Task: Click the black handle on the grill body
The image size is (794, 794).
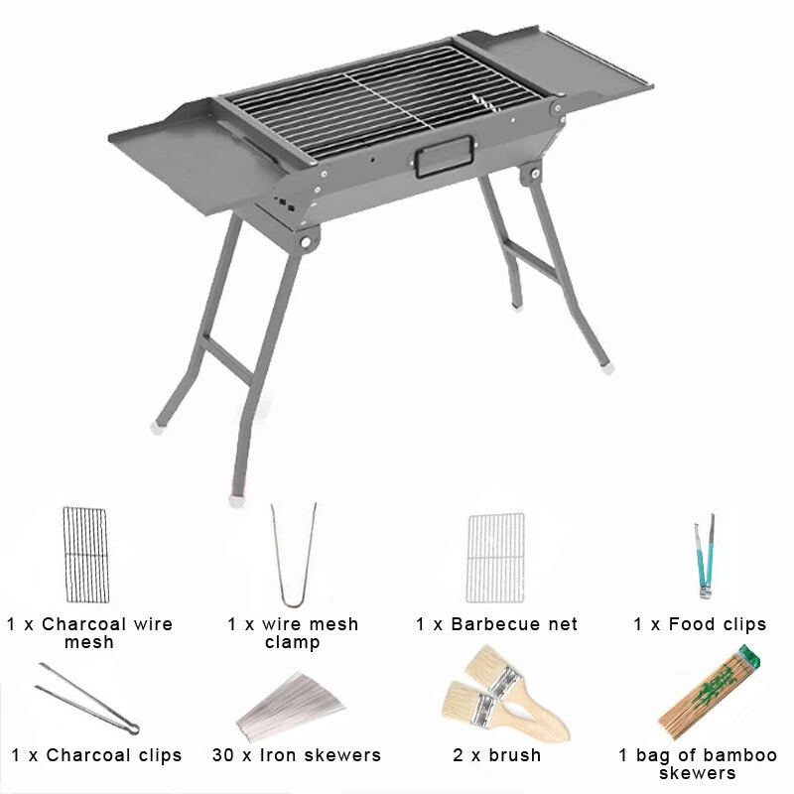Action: (445, 157)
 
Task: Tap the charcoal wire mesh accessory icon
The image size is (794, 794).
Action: (85, 555)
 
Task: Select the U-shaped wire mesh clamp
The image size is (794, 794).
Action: (294, 555)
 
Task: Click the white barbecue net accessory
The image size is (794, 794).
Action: (495, 558)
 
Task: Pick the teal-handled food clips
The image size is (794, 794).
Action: (706, 556)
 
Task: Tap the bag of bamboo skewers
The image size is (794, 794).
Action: (709, 693)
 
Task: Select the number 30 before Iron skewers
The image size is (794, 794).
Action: (222, 755)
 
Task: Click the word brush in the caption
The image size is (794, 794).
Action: (515, 755)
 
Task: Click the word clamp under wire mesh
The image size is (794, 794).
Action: (292, 642)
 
